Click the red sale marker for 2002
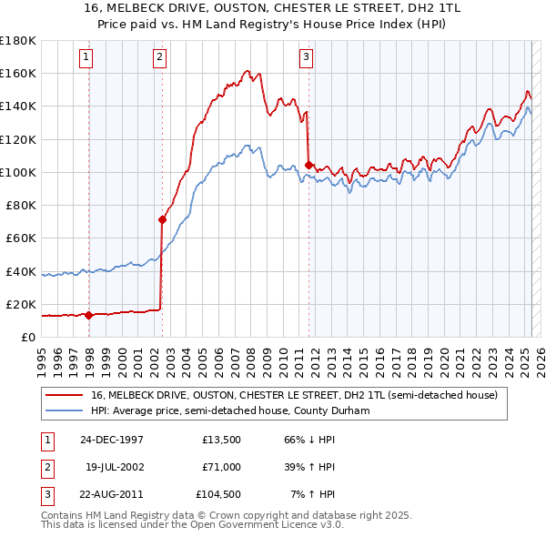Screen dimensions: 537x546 (163, 219)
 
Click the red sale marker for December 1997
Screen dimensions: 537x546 (89, 315)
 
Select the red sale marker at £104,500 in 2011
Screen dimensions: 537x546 (309, 165)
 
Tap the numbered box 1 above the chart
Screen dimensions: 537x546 (86, 57)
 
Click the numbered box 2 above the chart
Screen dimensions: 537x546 (159, 57)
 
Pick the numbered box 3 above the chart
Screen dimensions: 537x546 (306, 57)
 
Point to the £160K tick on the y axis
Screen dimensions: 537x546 (18, 73)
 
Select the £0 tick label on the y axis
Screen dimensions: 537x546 (28, 337)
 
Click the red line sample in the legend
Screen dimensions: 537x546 (65, 396)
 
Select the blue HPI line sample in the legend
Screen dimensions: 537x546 (65, 411)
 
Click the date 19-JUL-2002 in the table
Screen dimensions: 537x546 (112, 467)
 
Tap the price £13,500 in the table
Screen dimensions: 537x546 (220, 439)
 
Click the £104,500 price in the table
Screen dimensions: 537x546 (217, 495)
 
